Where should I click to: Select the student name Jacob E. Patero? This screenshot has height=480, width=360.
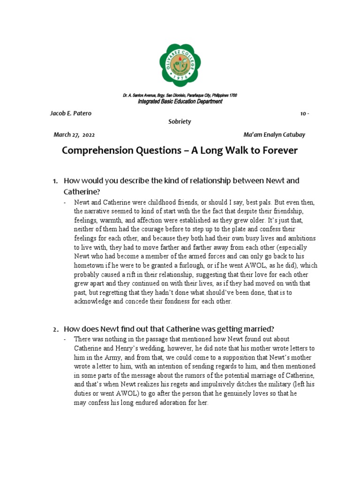click(71, 113)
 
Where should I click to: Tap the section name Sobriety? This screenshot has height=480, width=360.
click(180, 121)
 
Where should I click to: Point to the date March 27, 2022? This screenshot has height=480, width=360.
click(74, 135)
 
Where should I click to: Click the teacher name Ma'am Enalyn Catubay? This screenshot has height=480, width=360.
click(274, 135)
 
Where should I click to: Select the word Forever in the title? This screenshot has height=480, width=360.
click(276, 151)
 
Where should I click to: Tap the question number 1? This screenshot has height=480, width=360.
click(55, 181)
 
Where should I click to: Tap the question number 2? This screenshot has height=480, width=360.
click(55, 329)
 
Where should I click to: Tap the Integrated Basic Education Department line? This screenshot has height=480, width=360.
click(180, 102)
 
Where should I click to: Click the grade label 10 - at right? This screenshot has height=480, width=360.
click(304, 113)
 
